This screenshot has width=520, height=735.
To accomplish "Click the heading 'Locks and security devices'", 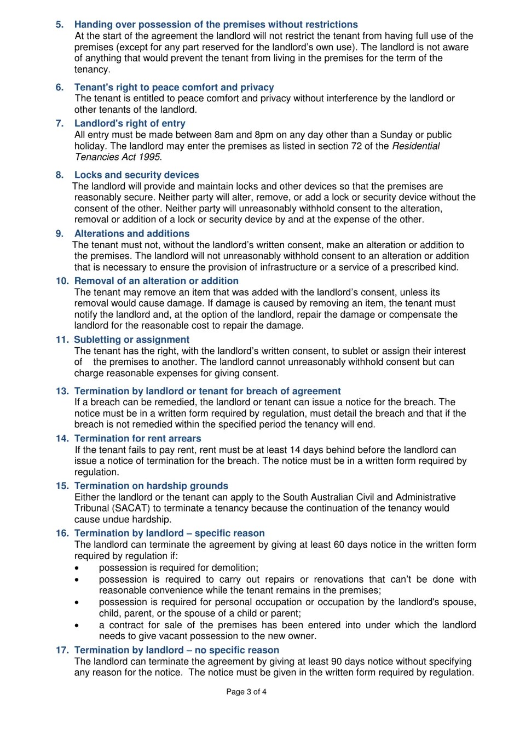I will tap(136, 175).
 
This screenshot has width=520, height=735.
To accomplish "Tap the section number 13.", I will tap(62, 391).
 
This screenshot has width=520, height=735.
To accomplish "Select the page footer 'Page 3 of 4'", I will tap(246, 692).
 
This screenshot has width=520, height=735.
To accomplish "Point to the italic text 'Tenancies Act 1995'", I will tap(117, 157).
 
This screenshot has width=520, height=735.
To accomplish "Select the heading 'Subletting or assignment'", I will tap(131, 340).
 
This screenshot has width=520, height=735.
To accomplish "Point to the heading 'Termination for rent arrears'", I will tap(137, 439).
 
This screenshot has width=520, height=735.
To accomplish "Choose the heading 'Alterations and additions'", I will tap(132, 233).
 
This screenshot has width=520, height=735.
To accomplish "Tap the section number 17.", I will tap(62, 650).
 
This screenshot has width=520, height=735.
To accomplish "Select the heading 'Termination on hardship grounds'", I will tap(151, 486).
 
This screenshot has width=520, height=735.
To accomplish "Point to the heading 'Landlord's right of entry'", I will tap(130, 124).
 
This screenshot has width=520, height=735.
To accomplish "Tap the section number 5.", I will tap(60, 25).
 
